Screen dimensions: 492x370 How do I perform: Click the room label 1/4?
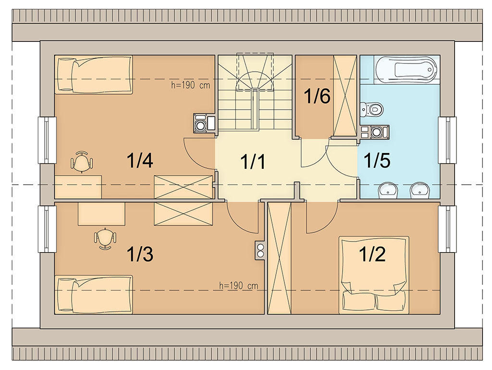(x=140, y=160)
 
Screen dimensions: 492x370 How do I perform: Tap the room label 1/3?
(x=140, y=254)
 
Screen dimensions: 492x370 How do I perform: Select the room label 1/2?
(x=372, y=254)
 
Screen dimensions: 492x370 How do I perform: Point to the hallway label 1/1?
(x=253, y=162)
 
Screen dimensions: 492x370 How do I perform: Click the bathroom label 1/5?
(x=377, y=160)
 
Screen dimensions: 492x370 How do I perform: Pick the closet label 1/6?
(x=317, y=96)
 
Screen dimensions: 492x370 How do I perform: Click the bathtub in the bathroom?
(x=406, y=70)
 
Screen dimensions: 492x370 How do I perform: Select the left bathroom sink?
(x=388, y=191)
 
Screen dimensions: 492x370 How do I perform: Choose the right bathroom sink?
(x=419, y=191)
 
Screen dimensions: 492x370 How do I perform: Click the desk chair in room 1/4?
(x=82, y=161)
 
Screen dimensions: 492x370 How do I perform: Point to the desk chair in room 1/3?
(x=105, y=238)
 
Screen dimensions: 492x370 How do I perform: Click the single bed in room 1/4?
(x=94, y=75)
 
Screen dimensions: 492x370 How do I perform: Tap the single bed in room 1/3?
(x=94, y=294)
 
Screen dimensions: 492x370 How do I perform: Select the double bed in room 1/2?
(x=374, y=275)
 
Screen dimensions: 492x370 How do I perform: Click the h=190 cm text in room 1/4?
(x=190, y=85)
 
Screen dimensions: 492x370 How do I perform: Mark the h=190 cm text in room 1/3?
(x=238, y=285)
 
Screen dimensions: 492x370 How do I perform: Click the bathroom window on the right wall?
(x=447, y=140)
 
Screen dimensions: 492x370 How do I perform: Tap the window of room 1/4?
(x=47, y=140)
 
